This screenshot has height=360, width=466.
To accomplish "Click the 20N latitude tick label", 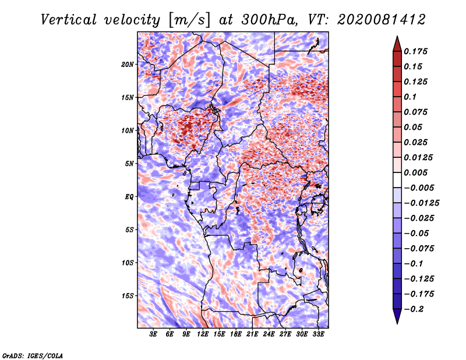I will point(128,64).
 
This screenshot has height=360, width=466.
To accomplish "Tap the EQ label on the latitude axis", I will point(129,197).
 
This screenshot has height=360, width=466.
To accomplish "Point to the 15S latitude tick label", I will point(128,296).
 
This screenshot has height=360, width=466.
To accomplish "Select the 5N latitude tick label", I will point(129,164).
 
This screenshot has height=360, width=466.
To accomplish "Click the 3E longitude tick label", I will point(153,335).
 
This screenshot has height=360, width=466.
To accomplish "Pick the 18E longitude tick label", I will point(236,335).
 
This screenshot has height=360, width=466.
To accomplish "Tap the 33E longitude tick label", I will point(319,335).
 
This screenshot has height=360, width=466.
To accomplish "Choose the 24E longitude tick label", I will point(269,335).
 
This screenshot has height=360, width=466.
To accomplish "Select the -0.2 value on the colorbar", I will point(414,309).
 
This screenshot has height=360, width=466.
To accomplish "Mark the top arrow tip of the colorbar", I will point(396,37).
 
